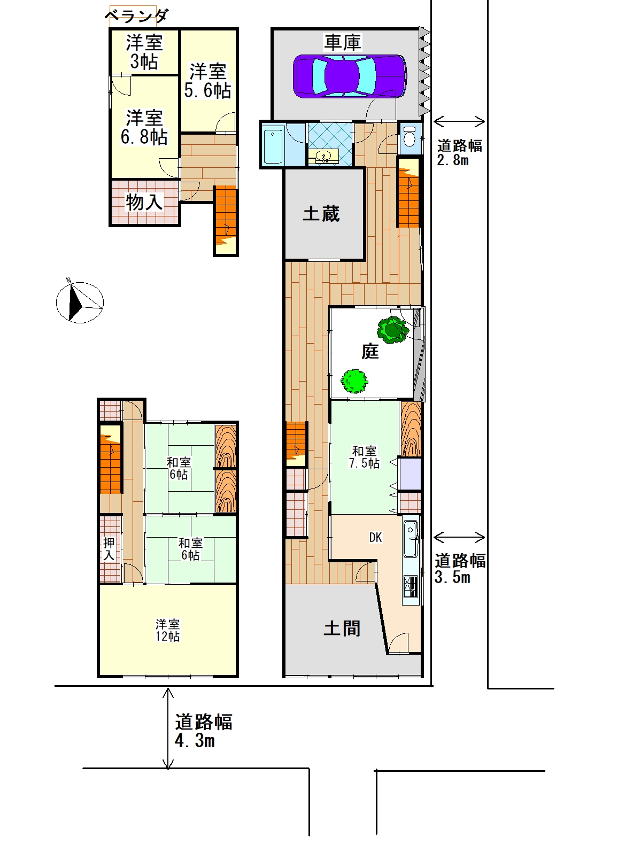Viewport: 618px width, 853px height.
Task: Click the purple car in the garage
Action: [x=350, y=76]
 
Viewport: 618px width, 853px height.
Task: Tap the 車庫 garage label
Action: [x=342, y=42]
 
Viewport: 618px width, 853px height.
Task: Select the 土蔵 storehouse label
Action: [x=321, y=214]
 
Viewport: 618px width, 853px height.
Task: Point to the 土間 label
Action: [x=342, y=628]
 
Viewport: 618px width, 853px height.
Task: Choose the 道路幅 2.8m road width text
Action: [x=459, y=153]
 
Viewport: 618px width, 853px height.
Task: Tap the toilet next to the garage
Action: [x=409, y=136]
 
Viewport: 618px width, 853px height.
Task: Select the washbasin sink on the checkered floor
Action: [x=323, y=157]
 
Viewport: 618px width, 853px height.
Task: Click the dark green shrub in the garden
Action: [x=392, y=330]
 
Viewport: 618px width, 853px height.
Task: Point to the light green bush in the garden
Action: [x=354, y=381]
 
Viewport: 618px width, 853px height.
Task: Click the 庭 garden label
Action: [x=370, y=351]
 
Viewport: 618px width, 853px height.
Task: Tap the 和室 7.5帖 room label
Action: [x=364, y=457]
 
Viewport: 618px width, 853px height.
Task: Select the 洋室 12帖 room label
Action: [x=168, y=630]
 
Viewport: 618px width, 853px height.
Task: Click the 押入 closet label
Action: [x=109, y=548]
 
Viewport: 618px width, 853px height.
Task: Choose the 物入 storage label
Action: [x=144, y=202]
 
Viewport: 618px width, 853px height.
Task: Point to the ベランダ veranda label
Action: [x=136, y=16]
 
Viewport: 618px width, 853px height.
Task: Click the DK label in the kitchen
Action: [x=375, y=537]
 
